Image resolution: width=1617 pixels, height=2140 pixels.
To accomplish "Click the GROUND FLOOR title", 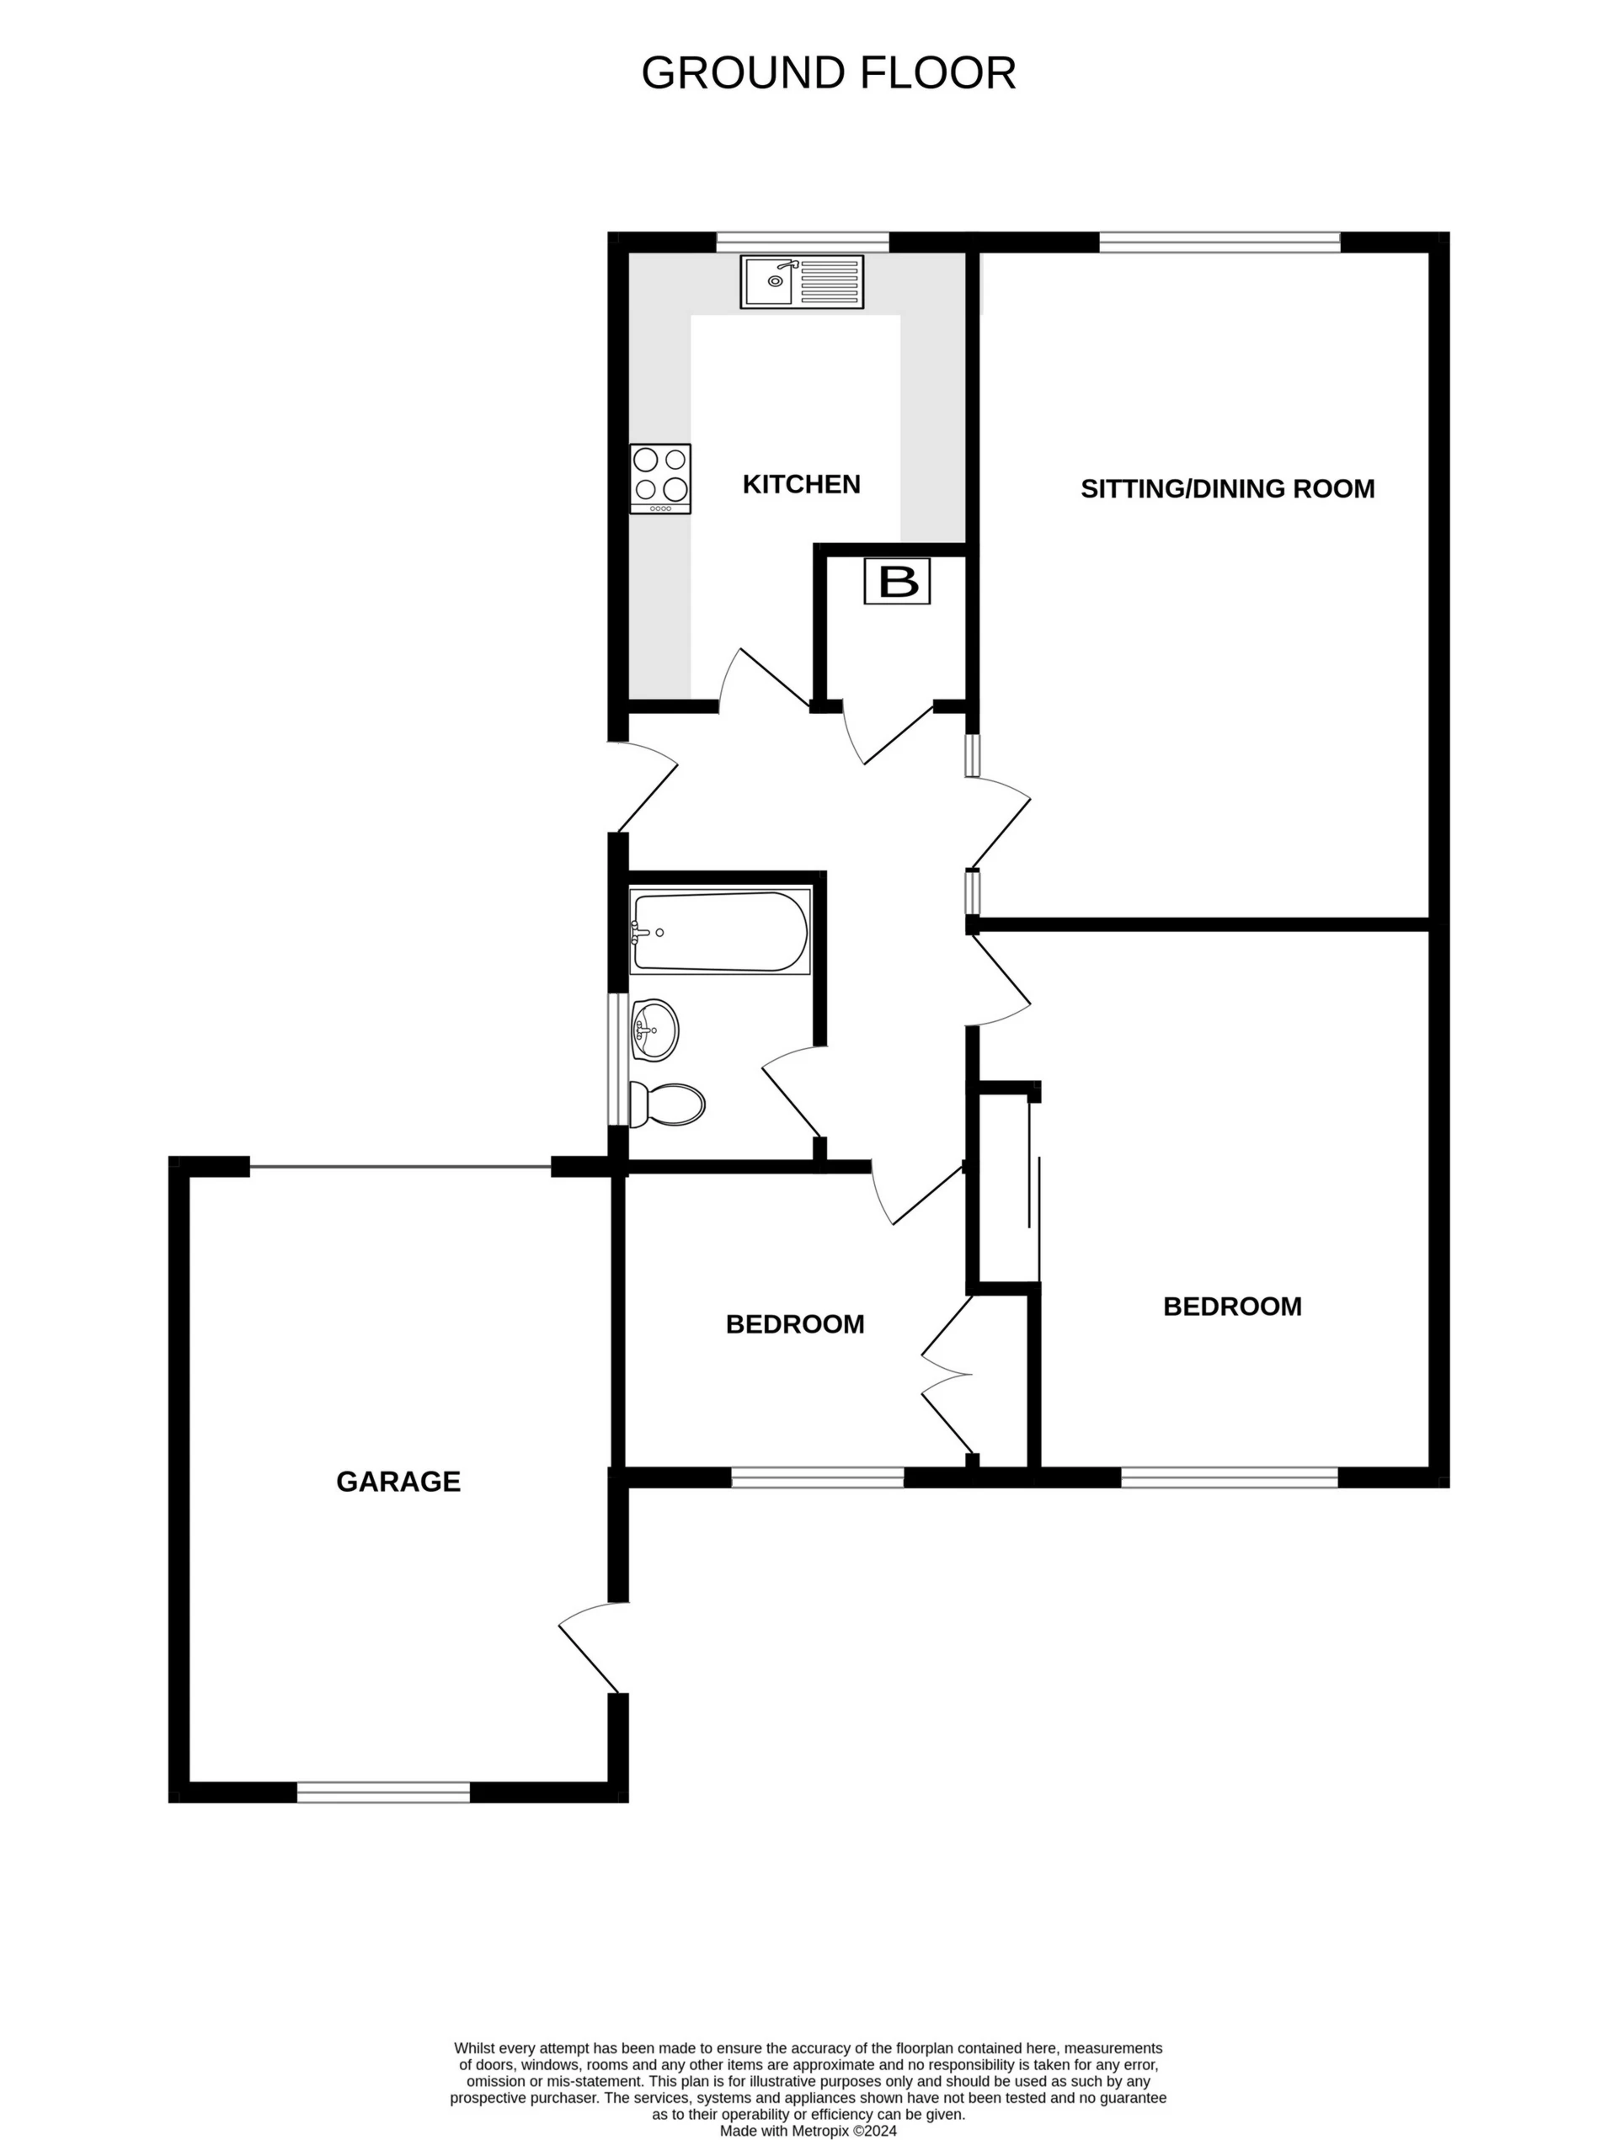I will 829,73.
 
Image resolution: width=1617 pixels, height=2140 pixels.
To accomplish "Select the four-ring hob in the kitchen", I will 660,478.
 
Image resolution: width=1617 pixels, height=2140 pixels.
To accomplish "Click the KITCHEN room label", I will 801,484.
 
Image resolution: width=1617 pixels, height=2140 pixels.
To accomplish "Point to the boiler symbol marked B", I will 897,582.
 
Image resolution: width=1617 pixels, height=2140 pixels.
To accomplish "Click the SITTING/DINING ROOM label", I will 1227,488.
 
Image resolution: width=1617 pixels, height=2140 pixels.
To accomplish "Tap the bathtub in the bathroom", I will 720,932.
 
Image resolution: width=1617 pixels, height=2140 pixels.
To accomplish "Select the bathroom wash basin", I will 654,1030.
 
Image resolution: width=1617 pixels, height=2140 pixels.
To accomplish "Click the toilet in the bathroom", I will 669,1104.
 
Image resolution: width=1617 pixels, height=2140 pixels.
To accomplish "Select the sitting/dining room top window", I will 1219,242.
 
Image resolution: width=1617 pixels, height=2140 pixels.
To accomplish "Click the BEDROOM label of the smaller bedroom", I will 794,1324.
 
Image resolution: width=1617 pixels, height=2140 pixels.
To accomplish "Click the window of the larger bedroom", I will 1229,1477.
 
